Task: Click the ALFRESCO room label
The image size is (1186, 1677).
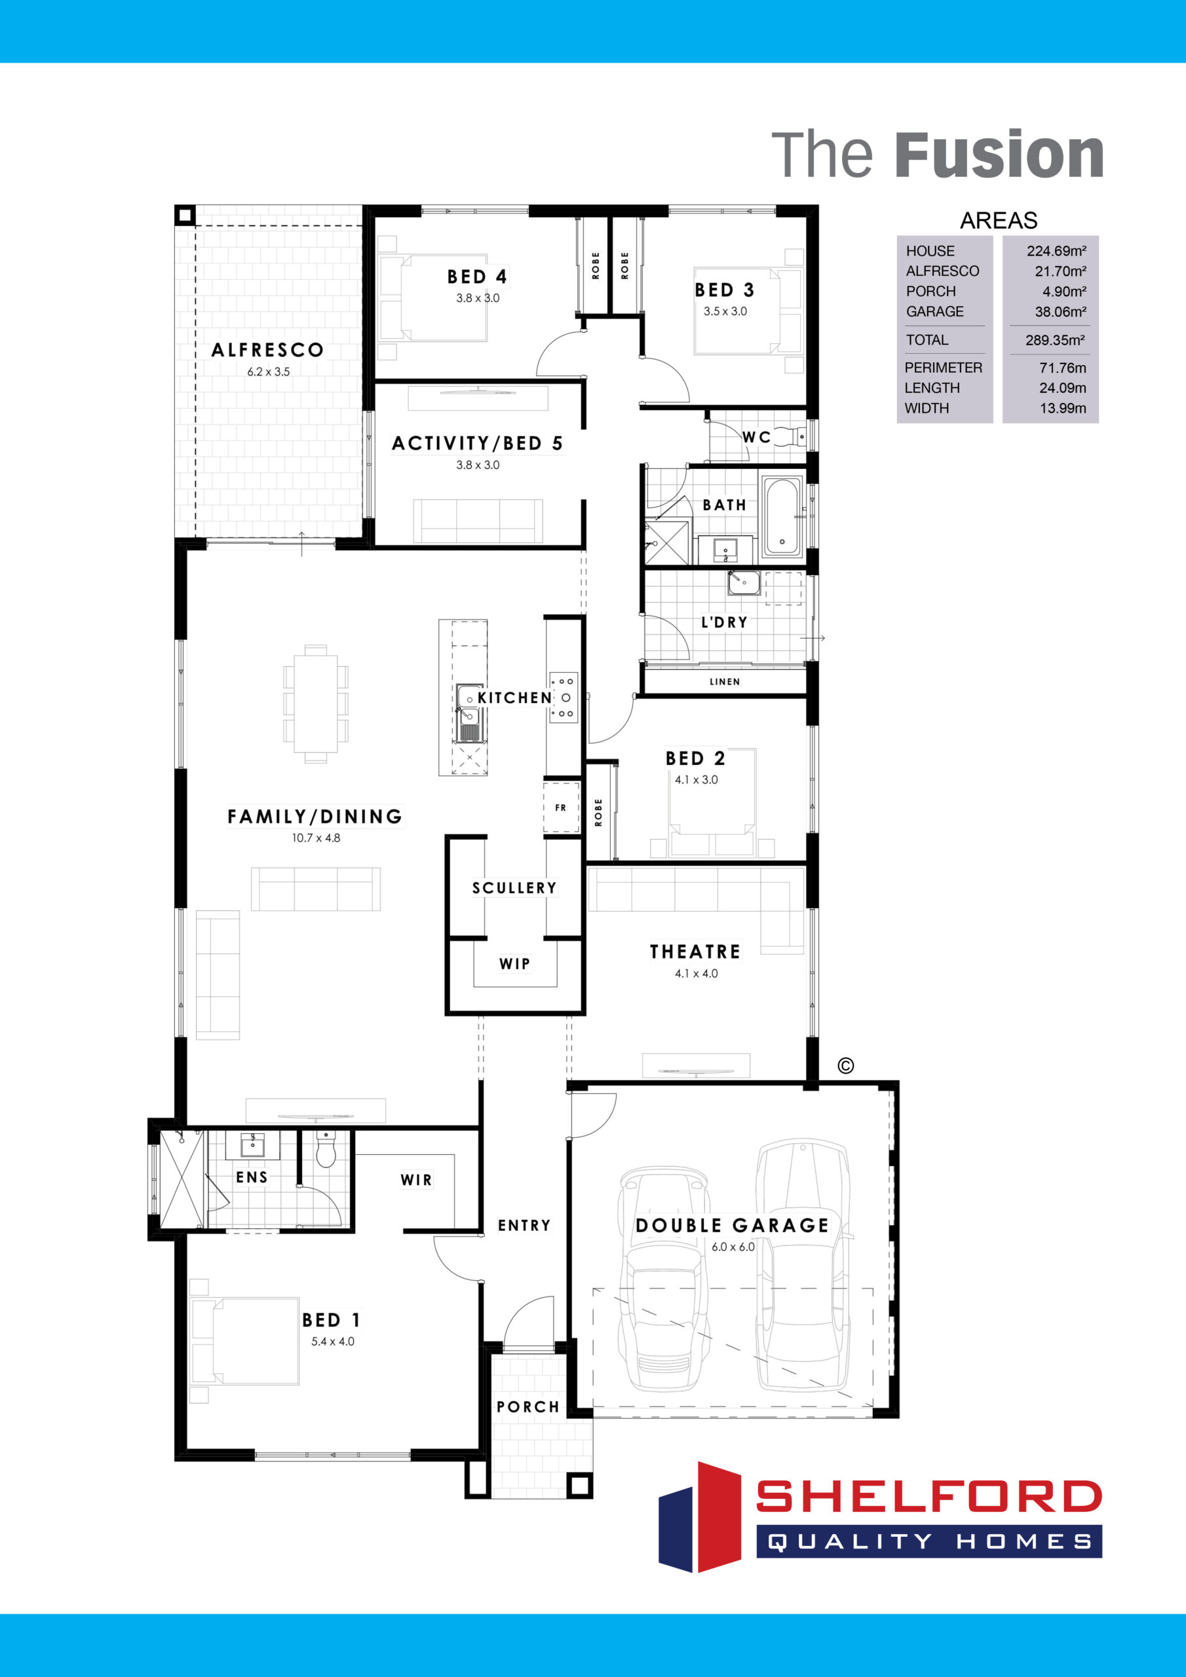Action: coord(267,350)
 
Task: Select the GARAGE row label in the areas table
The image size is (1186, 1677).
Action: coord(934,311)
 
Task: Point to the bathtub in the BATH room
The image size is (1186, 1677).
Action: coord(782,516)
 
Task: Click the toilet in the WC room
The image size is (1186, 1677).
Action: coord(790,437)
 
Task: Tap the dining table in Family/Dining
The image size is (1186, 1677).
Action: coord(316,704)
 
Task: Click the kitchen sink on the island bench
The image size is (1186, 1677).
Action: coord(468,706)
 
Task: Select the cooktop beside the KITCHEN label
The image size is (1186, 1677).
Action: coord(564,698)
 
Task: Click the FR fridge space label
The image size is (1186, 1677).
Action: coord(560,807)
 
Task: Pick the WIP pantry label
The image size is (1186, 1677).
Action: coord(514,964)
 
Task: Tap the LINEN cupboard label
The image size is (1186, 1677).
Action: coord(724,681)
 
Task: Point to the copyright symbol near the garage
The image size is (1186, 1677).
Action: coord(845,1066)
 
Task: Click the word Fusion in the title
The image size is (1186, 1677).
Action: coord(999,155)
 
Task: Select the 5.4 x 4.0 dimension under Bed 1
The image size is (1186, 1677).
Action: coord(332,1341)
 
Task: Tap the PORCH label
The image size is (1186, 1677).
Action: coord(527,1406)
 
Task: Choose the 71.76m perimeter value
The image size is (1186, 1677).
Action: coord(1063,367)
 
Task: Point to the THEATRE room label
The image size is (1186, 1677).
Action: coord(695,952)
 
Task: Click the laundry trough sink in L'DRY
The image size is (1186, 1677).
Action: coord(744,584)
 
